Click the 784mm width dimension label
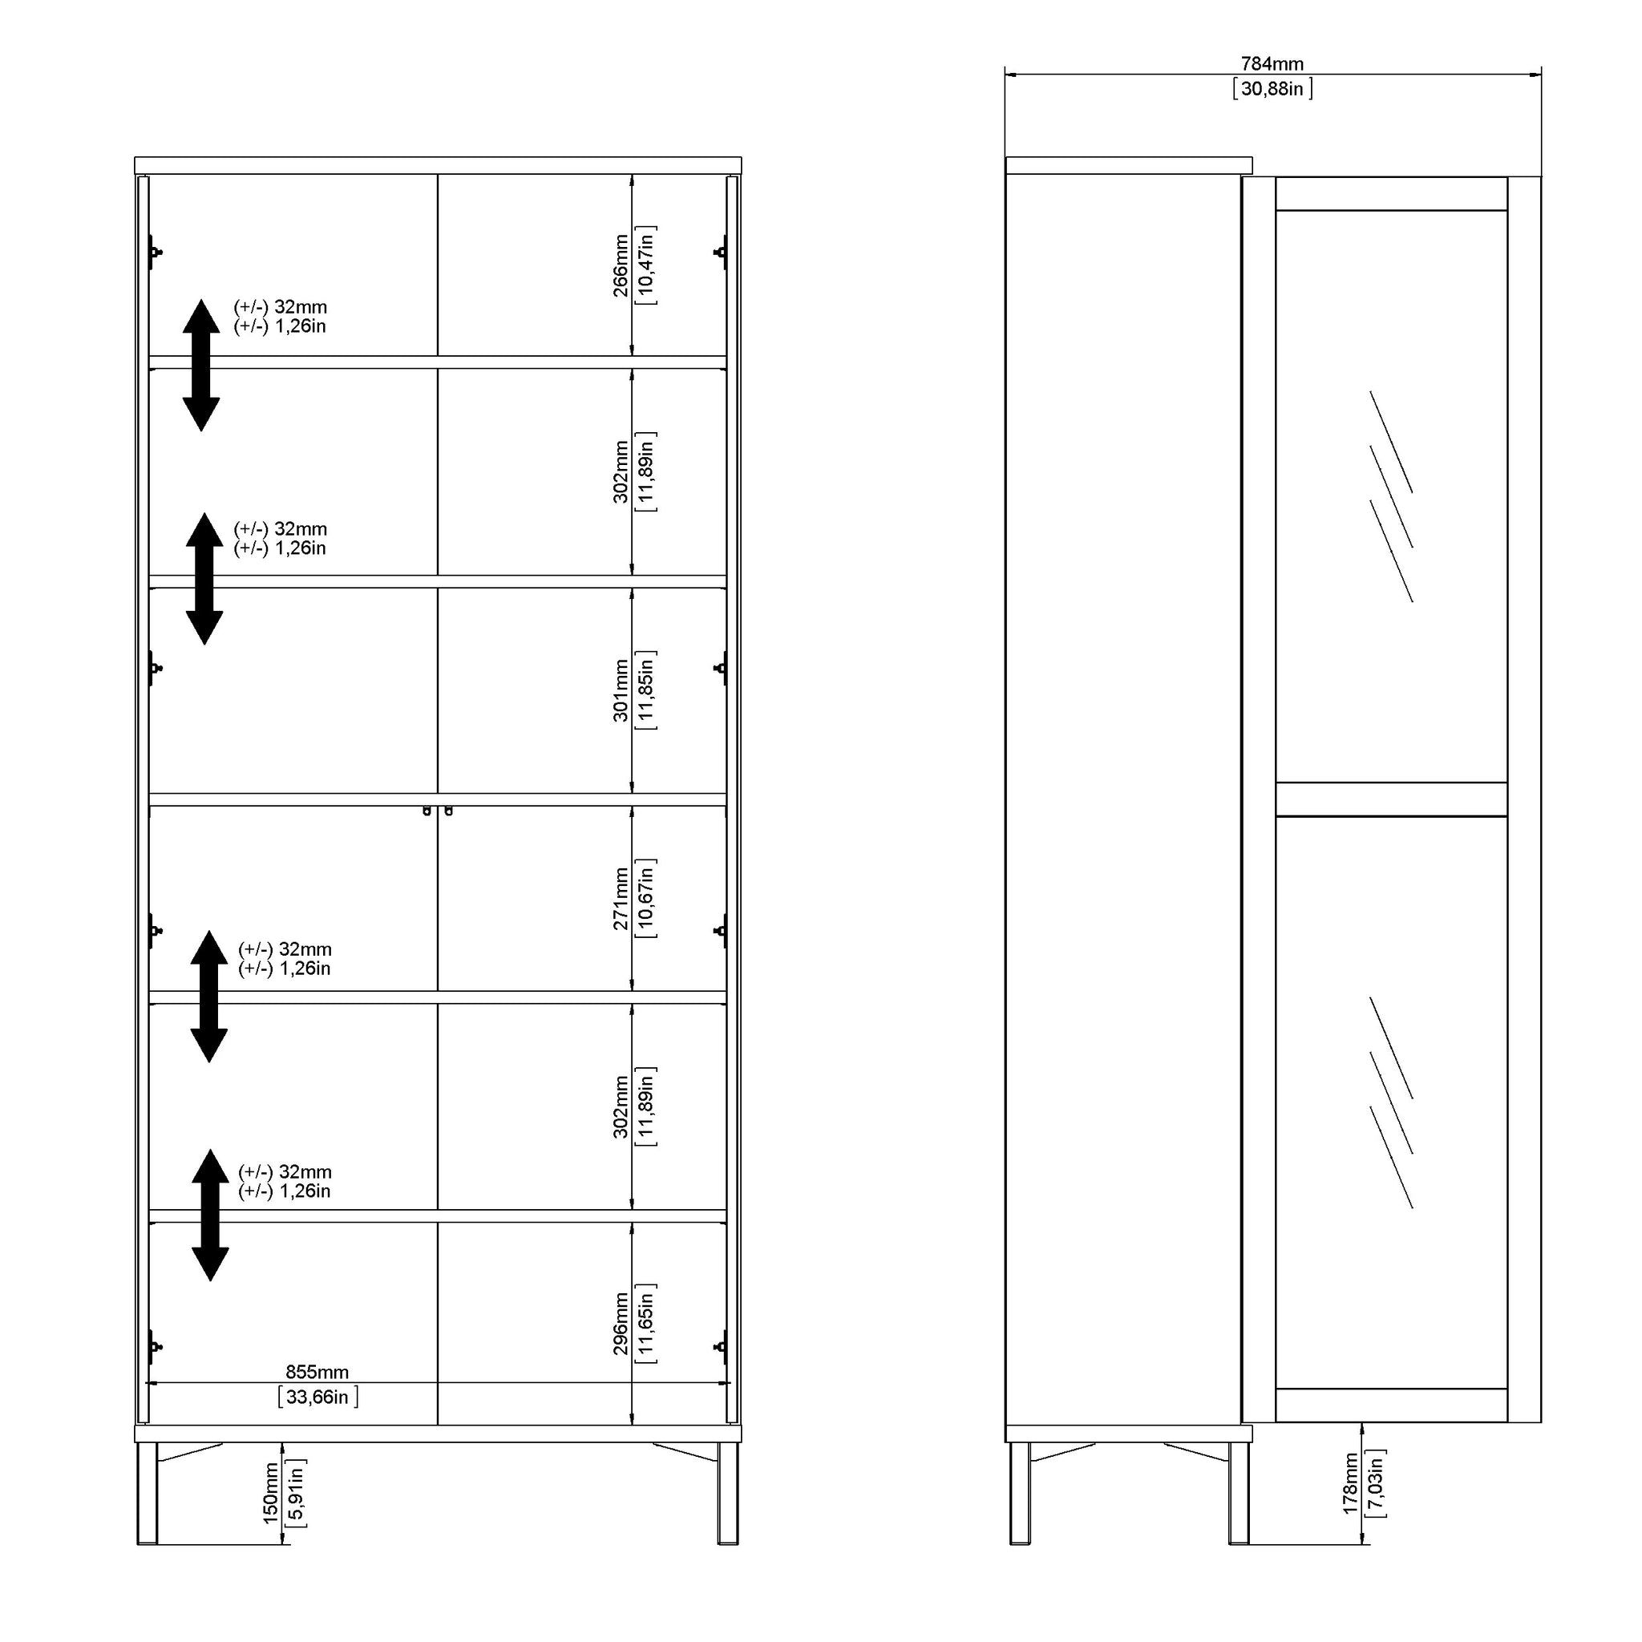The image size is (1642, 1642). point(1272,64)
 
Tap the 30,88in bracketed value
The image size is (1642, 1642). point(1272,88)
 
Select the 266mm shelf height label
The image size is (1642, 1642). point(621,265)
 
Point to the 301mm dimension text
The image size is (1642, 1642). point(621,690)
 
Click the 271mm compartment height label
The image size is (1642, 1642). point(621,898)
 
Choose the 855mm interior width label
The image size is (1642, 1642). point(317,1372)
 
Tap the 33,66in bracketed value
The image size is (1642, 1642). point(317,1397)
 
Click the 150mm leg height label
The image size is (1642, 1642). point(270,1517)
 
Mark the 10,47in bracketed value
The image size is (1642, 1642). point(646,265)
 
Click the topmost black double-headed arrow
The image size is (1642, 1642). point(201,365)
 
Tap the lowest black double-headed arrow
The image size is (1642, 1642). point(210,1215)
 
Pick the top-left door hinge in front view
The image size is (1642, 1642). point(155,253)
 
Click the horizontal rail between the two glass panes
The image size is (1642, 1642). point(1391,799)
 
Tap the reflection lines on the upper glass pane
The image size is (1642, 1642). point(1391,496)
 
